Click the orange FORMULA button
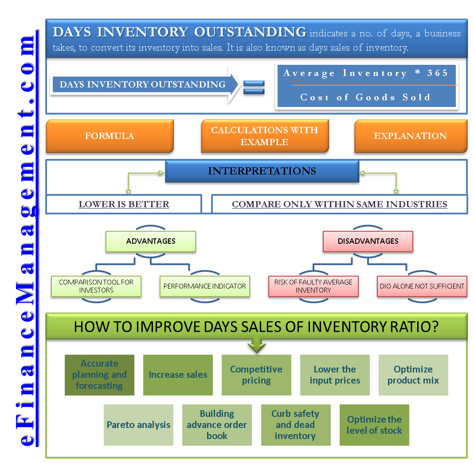tap(110, 136)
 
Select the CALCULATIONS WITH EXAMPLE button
tap(265, 136)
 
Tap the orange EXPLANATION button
tap(411, 136)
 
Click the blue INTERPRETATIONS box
tap(262, 171)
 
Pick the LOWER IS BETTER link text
tap(124, 204)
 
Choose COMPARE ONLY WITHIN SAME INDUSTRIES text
tap(340, 204)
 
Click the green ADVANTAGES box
tap(151, 241)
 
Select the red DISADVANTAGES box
tap(368, 241)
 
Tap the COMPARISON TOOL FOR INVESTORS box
tap(96, 286)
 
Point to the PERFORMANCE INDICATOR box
tap(205, 286)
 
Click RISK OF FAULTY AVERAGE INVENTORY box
tap(313, 286)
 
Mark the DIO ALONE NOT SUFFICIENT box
tap(422, 286)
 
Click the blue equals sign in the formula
tap(254, 87)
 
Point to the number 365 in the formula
tap(437, 73)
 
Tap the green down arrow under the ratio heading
tap(257, 344)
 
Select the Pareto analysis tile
tap(138, 425)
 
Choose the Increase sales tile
tap(178, 375)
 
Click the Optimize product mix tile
tap(413, 375)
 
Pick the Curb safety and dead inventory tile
tap(296, 425)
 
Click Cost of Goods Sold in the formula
tap(365, 97)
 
